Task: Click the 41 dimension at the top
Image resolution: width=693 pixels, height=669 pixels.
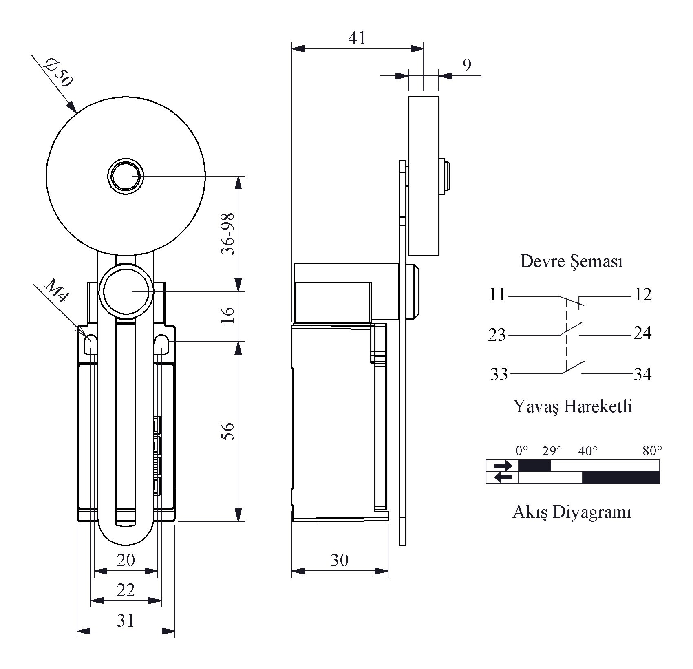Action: [357, 38]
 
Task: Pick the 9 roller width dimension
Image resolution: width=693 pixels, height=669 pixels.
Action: [467, 65]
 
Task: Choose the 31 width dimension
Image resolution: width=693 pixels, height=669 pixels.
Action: [125, 620]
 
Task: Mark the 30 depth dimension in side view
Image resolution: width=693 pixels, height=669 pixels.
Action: [339, 560]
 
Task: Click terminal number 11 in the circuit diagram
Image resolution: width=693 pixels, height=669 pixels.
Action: [497, 294]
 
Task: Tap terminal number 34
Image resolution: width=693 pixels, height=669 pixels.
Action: [642, 374]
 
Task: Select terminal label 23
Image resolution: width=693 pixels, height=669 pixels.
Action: [497, 335]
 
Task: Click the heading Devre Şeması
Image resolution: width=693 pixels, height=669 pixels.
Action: [571, 261]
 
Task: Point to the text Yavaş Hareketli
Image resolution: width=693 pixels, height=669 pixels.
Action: [572, 406]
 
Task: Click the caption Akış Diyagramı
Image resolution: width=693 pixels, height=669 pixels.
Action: [572, 512]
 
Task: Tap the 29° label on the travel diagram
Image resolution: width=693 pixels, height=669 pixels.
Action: [552, 451]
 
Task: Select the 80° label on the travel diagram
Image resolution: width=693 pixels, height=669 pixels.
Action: [652, 450]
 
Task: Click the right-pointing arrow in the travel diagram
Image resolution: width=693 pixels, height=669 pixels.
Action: [502, 465]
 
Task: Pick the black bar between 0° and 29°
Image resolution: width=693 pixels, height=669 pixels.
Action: [534, 465]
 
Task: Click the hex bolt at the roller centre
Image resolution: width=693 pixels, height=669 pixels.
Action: [126, 176]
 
